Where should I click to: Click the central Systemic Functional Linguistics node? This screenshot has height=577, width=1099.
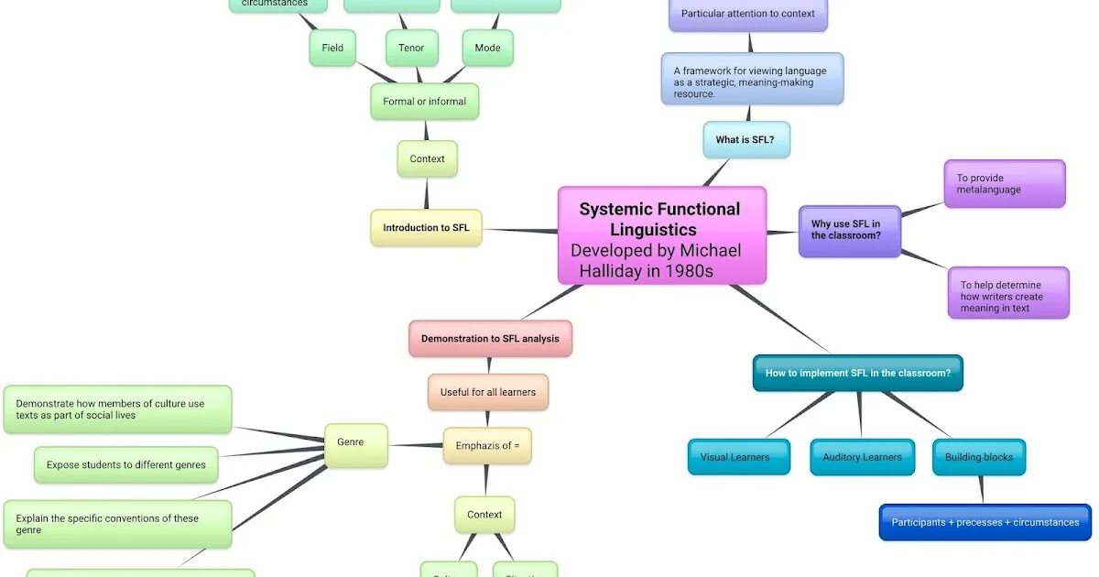[661, 236]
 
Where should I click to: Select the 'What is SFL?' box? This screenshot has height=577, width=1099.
[746, 140]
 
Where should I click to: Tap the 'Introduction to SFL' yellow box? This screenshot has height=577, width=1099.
[426, 228]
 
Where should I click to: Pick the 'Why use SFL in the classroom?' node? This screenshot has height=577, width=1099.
[849, 231]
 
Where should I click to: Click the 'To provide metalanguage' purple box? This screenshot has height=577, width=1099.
[1004, 184]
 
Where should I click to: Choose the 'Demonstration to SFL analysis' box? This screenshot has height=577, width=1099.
[490, 339]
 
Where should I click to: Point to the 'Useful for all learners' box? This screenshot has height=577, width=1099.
[487, 392]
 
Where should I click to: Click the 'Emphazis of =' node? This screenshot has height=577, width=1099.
[487, 446]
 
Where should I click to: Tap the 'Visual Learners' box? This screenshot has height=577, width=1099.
[738, 457]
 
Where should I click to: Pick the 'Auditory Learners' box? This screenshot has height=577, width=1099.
[862, 457]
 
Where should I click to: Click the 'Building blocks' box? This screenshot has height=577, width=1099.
[979, 457]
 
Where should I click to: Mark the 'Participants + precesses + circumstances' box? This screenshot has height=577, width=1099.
[985, 522]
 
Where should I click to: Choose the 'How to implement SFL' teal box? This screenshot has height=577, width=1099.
[857, 373]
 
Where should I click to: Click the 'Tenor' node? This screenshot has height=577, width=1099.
[411, 48]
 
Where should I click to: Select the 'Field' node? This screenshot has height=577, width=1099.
[332, 48]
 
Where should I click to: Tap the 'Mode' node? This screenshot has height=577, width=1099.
[487, 48]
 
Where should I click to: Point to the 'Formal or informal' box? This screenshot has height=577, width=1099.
[424, 102]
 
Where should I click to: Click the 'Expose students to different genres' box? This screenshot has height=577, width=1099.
[126, 465]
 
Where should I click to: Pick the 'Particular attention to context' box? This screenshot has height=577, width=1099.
[747, 15]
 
